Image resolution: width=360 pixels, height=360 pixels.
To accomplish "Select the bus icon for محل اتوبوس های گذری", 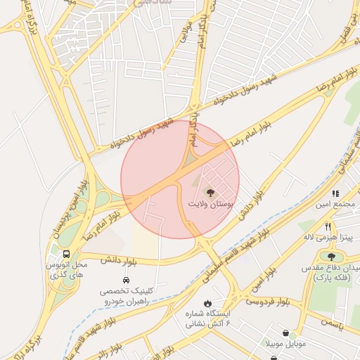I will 66,253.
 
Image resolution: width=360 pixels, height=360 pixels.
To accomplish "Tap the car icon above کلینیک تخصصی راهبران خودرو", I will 126,279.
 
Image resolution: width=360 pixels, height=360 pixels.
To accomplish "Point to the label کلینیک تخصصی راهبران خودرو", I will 127,295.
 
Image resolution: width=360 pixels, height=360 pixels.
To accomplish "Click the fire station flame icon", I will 207,303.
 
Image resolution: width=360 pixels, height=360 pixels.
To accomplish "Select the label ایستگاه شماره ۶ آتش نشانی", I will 208,319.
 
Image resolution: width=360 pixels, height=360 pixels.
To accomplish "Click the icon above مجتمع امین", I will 335,193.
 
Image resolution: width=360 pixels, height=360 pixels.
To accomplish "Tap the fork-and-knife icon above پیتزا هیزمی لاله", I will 328,226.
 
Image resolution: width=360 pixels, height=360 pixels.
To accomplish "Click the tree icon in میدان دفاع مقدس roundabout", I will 331,257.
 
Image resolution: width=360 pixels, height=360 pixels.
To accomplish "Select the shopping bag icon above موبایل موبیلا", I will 285,332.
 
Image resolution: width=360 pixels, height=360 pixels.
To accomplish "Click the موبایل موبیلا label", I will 285,344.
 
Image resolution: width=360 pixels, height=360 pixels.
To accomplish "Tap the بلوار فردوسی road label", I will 268,301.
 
